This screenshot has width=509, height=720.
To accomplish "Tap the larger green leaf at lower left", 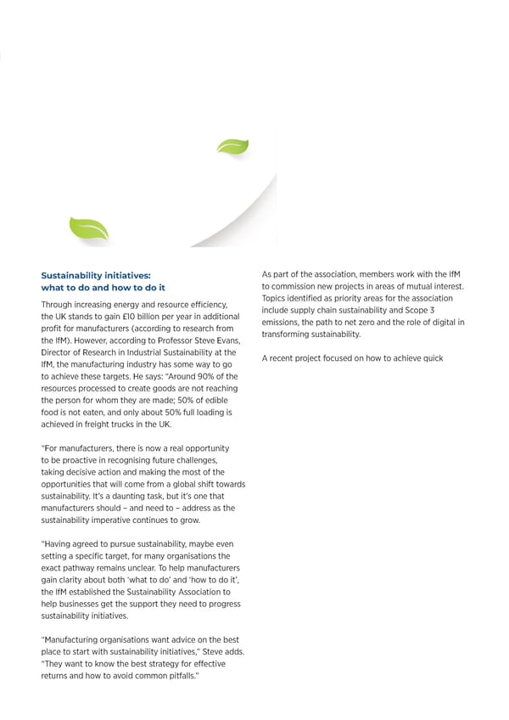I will click(x=88, y=228).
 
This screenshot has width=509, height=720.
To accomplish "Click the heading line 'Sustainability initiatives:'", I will click(x=96, y=275).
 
